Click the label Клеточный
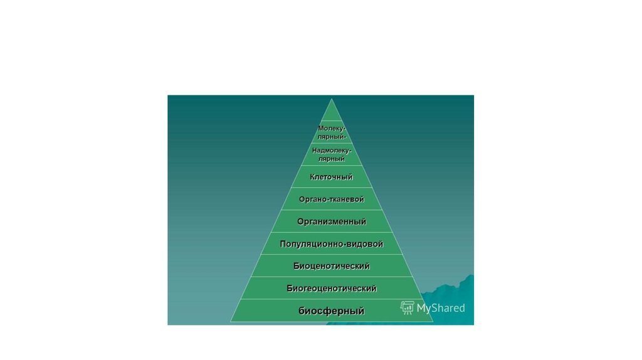331,177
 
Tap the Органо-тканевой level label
331,199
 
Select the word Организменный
331,221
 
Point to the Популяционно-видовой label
331,243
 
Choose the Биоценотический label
331,266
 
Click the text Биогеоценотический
331,289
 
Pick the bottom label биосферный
331,310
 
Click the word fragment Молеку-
332,129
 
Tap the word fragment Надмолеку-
332,151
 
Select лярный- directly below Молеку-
332,136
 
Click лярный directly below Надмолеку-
332,159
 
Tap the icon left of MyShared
408,307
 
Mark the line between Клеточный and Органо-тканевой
331,188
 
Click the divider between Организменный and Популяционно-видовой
331,232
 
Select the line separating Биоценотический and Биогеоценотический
331,277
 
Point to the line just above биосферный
331,299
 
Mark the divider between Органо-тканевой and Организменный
331,210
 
